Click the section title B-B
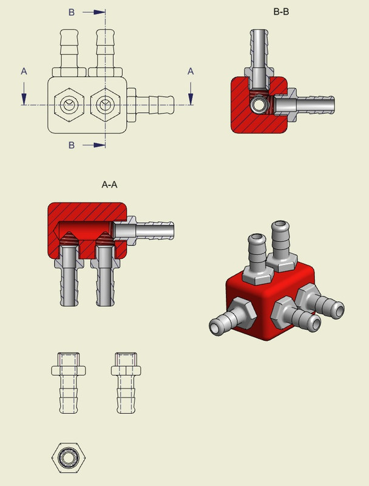(x=281, y=11)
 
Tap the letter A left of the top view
(x=24, y=72)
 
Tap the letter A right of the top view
(x=191, y=72)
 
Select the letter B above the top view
(x=72, y=12)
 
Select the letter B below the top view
(x=72, y=145)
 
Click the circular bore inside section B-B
(x=261, y=106)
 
